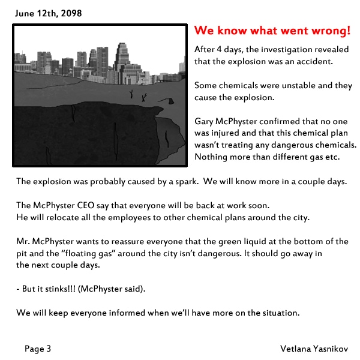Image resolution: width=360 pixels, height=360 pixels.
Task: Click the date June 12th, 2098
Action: [48, 13]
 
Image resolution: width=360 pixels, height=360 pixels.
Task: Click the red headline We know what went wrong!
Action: [272, 31]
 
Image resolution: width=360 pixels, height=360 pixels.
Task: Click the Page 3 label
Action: [38, 348]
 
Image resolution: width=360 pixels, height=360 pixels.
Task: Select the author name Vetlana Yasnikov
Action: [313, 348]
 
